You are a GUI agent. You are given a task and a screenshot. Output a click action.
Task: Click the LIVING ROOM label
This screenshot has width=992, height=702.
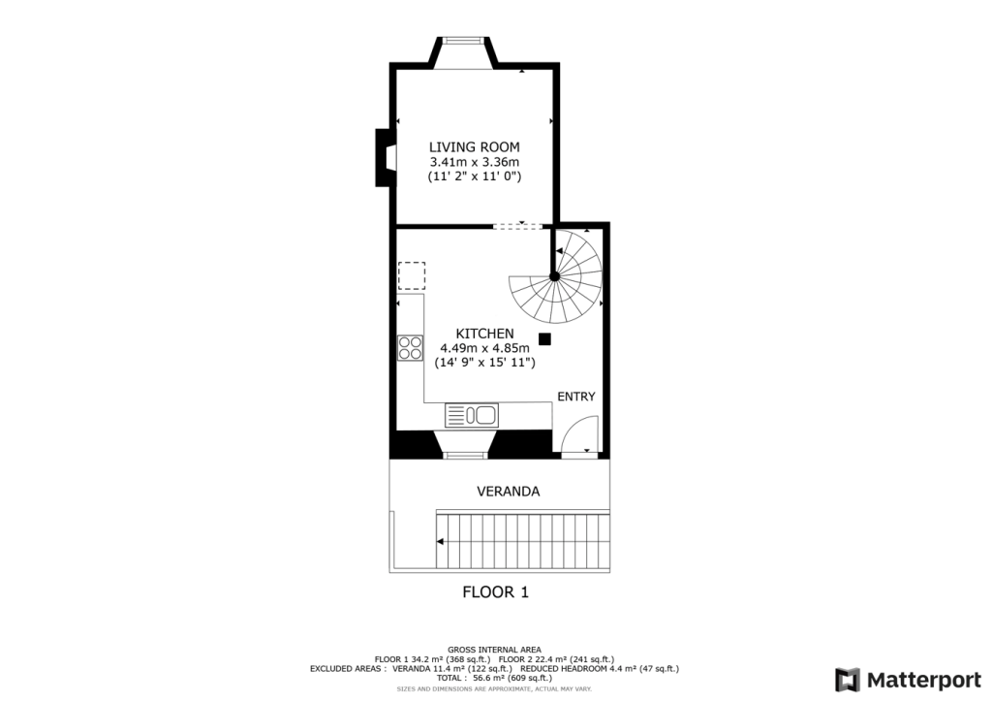pos(475,146)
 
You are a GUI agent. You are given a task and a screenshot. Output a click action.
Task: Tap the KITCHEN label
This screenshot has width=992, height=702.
pos(485,334)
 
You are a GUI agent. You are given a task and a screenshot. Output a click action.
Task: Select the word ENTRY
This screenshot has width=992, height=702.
pos(576,397)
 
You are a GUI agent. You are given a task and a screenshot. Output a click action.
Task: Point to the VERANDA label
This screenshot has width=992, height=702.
pos(508,492)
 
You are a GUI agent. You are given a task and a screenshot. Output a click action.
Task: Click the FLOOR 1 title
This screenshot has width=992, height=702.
pos(495,591)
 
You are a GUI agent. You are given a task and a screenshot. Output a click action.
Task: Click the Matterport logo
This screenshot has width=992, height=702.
pos(908,680)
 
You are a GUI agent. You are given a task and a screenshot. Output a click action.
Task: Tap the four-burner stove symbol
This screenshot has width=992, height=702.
pos(410,347)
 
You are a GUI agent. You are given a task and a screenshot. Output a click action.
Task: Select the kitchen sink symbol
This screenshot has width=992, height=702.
pos(472,415)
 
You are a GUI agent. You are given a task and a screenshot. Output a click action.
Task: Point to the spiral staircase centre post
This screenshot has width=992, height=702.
pos(555,276)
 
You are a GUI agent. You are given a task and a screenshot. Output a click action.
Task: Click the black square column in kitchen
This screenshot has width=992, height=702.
pos(544,339)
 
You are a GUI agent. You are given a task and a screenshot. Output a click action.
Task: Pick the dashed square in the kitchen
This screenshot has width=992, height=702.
pos(412,275)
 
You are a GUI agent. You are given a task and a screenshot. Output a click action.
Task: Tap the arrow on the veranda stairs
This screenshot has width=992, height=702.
pos(441,542)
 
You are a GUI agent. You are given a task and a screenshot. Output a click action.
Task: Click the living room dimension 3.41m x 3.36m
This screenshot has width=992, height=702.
pos(475,162)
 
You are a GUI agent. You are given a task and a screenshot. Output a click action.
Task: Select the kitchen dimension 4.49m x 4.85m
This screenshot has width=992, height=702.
pos(485,348)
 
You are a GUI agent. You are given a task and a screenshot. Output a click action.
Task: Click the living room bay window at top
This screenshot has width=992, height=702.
pos(463,41)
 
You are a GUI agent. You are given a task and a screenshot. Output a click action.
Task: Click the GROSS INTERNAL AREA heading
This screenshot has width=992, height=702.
pos(495,650)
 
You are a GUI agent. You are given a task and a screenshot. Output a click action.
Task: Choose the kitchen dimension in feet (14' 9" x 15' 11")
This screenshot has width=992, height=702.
pos(485,363)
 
